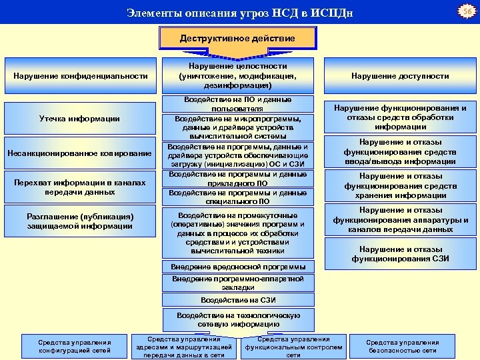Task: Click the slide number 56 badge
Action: click(467, 12)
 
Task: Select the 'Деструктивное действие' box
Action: click(237, 38)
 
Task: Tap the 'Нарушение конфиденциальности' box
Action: click(81, 76)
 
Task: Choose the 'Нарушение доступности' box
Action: click(401, 76)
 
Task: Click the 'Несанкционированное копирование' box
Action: click(79, 154)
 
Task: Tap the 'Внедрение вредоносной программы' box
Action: click(238, 267)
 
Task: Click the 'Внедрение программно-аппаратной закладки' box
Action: click(238, 283)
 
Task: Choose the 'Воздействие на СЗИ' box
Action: click(238, 301)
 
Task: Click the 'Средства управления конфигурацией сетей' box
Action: click(75, 347)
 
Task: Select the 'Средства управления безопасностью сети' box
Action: click(402, 347)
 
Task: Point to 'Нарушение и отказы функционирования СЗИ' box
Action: click(401, 254)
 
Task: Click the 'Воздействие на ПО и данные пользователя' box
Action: click(237, 104)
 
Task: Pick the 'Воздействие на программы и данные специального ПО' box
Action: click(237, 197)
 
